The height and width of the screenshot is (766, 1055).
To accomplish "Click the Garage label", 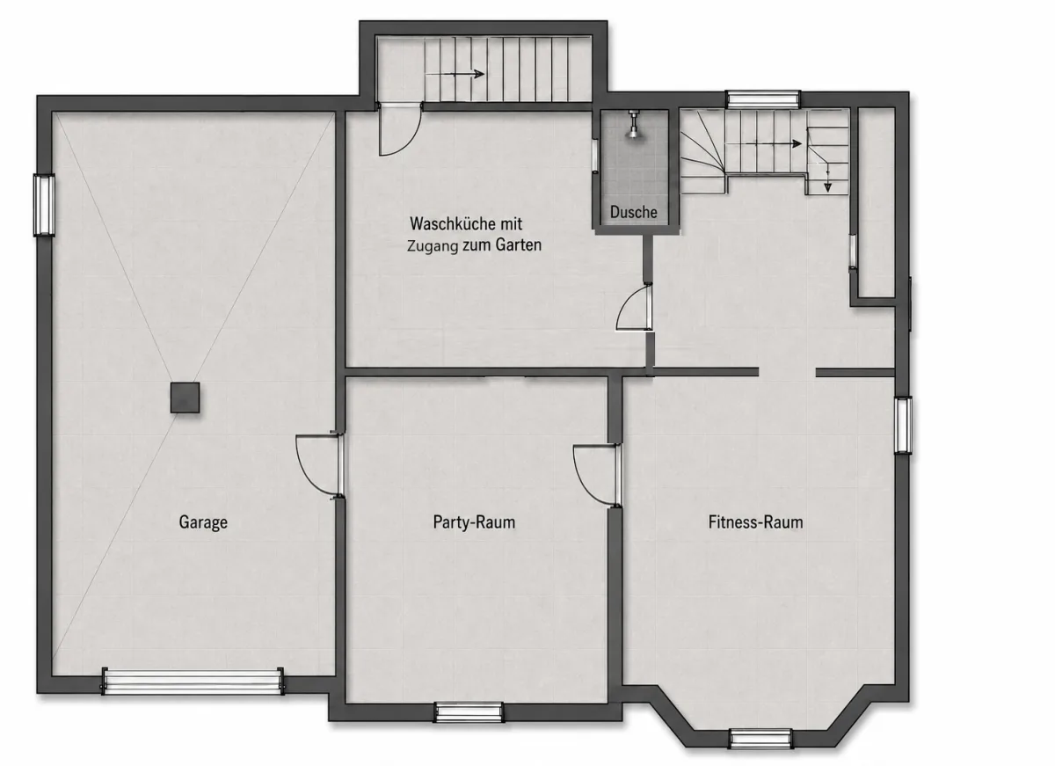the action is pos(203,522).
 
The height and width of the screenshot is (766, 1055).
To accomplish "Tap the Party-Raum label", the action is pos(474,522).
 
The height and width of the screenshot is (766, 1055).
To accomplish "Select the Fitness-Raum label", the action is pos(755,522).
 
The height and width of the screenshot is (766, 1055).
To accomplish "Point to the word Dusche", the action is pos(634,212).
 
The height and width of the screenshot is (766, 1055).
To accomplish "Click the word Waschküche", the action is pos(453,223).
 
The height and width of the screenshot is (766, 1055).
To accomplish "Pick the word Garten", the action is pos(518,245).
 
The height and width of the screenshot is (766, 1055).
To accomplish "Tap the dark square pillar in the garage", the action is pos(185,398).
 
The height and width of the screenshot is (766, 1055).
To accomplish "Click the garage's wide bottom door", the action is pos(193,682).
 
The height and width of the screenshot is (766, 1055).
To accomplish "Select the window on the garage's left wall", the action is pos(44,205).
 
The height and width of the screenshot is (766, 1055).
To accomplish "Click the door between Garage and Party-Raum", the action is pos(320,464).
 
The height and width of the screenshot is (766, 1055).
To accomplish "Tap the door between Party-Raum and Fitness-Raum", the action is pos(597,475).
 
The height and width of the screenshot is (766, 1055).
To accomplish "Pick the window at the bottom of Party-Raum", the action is pos(469,711).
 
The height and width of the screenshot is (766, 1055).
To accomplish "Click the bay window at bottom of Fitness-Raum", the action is pos(760,739).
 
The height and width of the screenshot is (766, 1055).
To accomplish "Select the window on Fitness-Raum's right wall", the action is pos(903,426).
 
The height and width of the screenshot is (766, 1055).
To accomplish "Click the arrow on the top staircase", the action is pos(455,74).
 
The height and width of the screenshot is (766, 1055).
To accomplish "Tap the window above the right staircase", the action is pos(763,98).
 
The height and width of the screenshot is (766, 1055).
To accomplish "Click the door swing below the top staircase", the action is pos(399,130).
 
